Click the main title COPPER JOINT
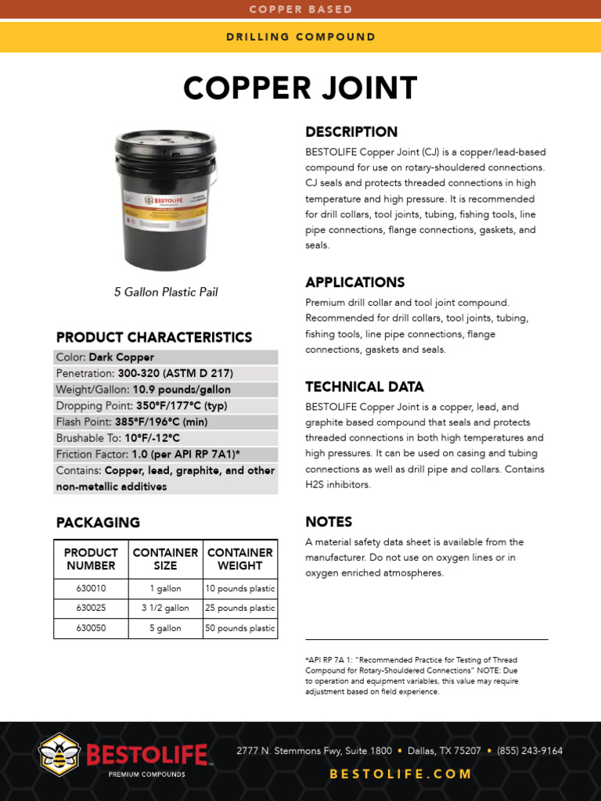click(300, 88)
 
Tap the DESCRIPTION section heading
click(351, 131)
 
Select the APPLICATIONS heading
click(354, 282)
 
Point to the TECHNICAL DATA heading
click(365, 386)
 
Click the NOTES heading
click(329, 522)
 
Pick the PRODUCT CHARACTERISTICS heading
click(154, 337)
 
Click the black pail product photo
click(165, 201)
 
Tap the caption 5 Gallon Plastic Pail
click(166, 292)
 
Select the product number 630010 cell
click(91, 588)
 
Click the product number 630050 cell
click(91, 628)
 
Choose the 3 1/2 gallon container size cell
click(165, 608)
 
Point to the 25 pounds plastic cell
click(240, 608)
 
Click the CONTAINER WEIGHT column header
click(240, 559)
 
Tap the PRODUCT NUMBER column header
click(91, 559)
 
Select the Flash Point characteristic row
click(166, 422)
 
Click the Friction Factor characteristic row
click(166, 454)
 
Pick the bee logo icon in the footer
click(59, 753)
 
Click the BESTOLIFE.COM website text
click(401, 774)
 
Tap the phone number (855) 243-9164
click(530, 751)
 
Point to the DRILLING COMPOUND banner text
click(300, 37)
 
